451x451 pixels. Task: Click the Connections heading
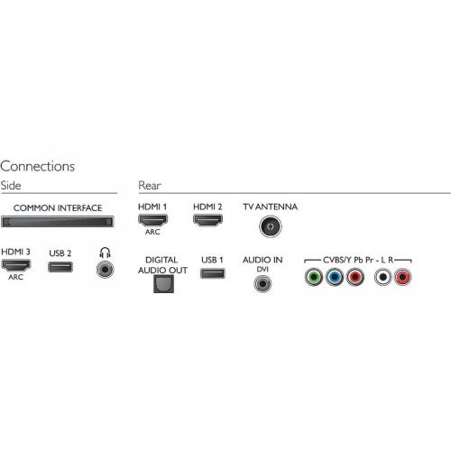pyautogui.click(x=37, y=166)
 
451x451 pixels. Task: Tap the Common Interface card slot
pyautogui.click(x=58, y=222)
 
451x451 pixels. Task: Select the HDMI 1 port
pyautogui.click(x=152, y=220)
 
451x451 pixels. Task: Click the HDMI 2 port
pyautogui.click(x=207, y=220)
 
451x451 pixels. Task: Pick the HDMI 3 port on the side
pyautogui.click(x=16, y=265)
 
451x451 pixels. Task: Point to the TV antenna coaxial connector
pyautogui.click(x=271, y=226)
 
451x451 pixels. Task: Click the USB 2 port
pyautogui.click(x=60, y=267)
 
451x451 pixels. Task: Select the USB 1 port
pyautogui.click(x=213, y=273)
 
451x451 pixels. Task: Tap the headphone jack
pyautogui.click(x=105, y=269)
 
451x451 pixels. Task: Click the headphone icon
pyautogui.click(x=105, y=253)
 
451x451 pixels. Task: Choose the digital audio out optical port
pyautogui.click(x=163, y=284)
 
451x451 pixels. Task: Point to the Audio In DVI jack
pyautogui.click(x=262, y=283)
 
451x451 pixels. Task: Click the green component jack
pyautogui.click(x=314, y=277)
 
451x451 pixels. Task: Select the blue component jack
pyautogui.click(x=335, y=277)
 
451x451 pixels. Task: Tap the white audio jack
pyautogui.click(x=382, y=277)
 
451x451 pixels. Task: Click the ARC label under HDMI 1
pyautogui.click(x=152, y=232)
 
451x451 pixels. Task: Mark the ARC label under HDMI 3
pyautogui.click(x=15, y=277)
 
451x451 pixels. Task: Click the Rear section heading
pyautogui.click(x=150, y=186)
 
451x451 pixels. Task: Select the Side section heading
pyautogui.click(x=11, y=185)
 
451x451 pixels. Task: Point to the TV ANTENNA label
pyautogui.click(x=271, y=207)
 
